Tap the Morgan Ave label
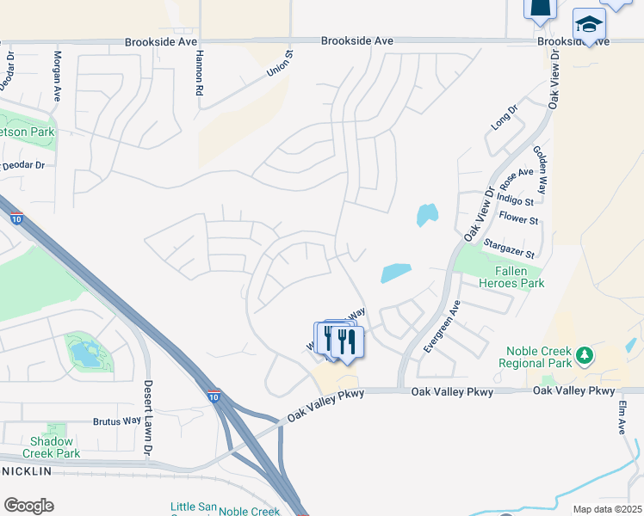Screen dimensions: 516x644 coord(58,75)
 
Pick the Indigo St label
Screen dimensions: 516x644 coord(517,202)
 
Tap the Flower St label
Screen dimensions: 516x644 coord(519,220)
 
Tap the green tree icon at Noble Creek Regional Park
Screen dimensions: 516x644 coord(585,354)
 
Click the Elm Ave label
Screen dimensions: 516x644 coord(622,417)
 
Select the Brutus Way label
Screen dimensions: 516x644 coord(116,421)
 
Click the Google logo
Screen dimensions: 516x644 coord(28,506)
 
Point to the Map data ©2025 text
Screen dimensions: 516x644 coord(607,509)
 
